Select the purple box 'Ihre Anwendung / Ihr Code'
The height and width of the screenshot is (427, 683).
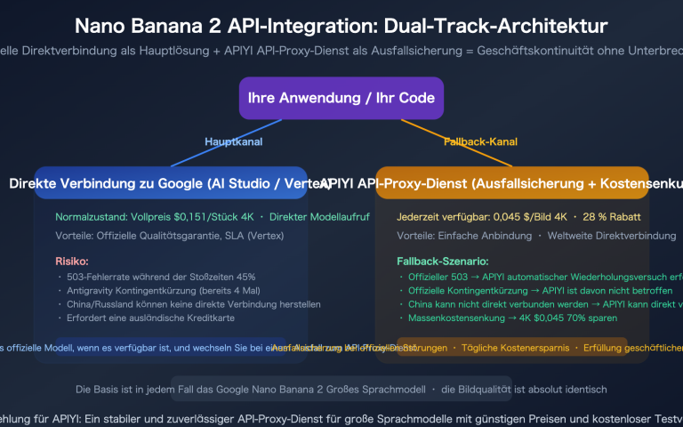click(341, 99)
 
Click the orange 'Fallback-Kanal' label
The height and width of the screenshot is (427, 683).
click(480, 141)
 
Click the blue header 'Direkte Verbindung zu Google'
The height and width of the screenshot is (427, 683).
click(169, 184)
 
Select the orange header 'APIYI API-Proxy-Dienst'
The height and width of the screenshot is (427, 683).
click(529, 184)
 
